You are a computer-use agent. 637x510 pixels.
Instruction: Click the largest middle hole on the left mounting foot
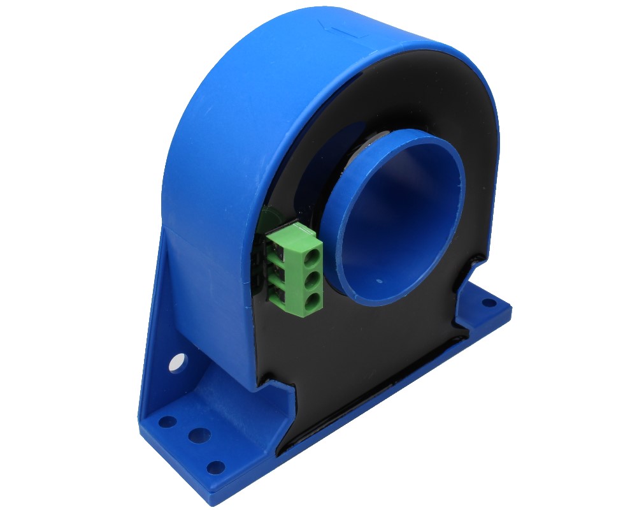[x=199, y=435]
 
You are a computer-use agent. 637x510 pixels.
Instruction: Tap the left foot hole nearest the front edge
[x=216, y=467]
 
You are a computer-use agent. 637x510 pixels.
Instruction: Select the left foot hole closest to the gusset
[x=167, y=421]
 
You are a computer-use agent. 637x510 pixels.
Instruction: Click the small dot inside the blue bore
[x=380, y=279]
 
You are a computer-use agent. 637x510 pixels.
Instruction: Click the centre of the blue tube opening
[x=398, y=217]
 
